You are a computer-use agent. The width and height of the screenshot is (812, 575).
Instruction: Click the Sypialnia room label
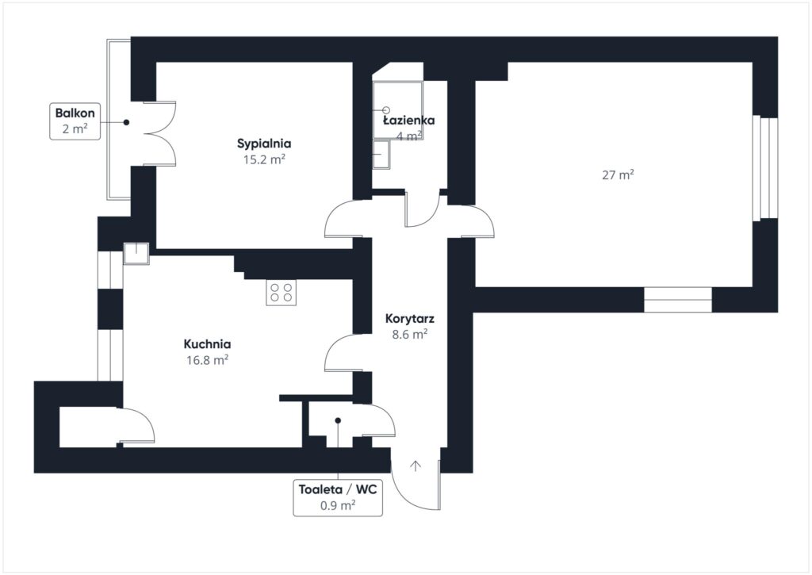pyautogui.click(x=264, y=144)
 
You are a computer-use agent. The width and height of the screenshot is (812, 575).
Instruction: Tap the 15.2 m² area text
pyautogui.click(x=264, y=159)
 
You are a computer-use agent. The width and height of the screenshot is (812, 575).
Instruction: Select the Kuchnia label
pyautogui.click(x=207, y=344)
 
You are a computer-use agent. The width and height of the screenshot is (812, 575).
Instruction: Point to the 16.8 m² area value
pyautogui.click(x=207, y=359)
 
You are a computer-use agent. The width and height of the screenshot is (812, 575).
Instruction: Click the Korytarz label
pyautogui.click(x=409, y=319)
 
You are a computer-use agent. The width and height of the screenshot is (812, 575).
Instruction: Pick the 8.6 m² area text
pyautogui.click(x=409, y=334)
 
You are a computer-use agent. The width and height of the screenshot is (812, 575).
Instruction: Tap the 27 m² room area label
pyautogui.click(x=619, y=175)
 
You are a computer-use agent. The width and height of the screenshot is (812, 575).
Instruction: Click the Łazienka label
pyautogui.click(x=409, y=121)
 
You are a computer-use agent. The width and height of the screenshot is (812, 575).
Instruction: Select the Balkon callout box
pyautogui.click(x=75, y=121)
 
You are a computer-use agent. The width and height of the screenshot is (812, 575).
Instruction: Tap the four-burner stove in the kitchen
pyautogui.click(x=281, y=293)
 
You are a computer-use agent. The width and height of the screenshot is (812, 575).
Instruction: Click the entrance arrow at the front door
pyautogui.click(x=415, y=466)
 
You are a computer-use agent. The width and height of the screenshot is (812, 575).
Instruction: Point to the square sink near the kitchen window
pyautogui.click(x=136, y=252)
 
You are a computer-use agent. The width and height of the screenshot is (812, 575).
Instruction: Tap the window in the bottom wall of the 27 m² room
pyautogui.click(x=677, y=299)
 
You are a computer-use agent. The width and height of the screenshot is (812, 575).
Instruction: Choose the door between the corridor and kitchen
pyautogui.click(x=343, y=352)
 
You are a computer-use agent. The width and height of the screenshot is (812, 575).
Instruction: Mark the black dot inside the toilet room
pyautogui.click(x=337, y=420)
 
